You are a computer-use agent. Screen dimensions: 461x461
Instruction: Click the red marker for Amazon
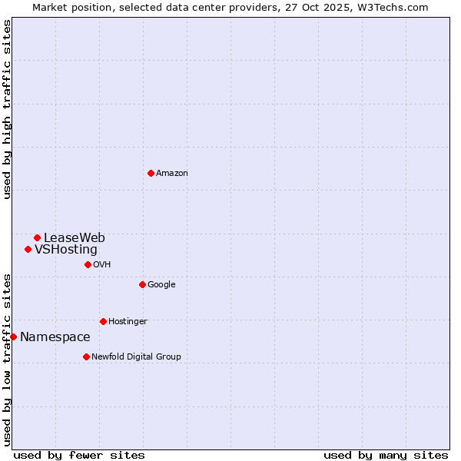[x=151, y=173]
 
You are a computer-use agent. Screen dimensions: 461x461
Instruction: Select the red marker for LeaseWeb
[x=37, y=237]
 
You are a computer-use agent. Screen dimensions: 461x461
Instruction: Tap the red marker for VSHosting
[x=28, y=249]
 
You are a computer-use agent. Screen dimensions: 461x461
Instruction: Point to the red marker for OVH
[x=88, y=264]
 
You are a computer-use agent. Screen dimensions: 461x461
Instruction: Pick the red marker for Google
[x=142, y=284]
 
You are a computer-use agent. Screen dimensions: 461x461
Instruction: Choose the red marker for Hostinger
[x=103, y=321]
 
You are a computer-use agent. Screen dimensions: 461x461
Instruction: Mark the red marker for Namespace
[x=13, y=337]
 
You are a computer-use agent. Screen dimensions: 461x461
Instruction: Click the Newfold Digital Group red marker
[x=86, y=357]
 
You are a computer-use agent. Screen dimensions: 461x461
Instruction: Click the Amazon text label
[x=172, y=173]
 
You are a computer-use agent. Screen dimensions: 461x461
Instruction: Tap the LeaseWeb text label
[x=75, y=237]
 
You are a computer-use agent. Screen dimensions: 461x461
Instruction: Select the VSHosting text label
[x=66, y=249]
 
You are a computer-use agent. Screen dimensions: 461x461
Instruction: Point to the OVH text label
[x=102, y=264]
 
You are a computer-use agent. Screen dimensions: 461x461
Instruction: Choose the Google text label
[x=161, y=284]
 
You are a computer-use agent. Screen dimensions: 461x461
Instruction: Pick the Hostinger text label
[x=128, y=321]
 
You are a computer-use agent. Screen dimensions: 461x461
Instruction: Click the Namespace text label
[x=55, y=337]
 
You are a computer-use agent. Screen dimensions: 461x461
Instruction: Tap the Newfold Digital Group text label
[x=136, y=357]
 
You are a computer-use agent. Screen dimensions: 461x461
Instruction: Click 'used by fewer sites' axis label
[x=79, y=455]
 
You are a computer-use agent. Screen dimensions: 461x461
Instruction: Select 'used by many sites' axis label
[x=386, y=455]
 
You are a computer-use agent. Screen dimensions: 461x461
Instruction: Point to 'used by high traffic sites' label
[x=7, y=109]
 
